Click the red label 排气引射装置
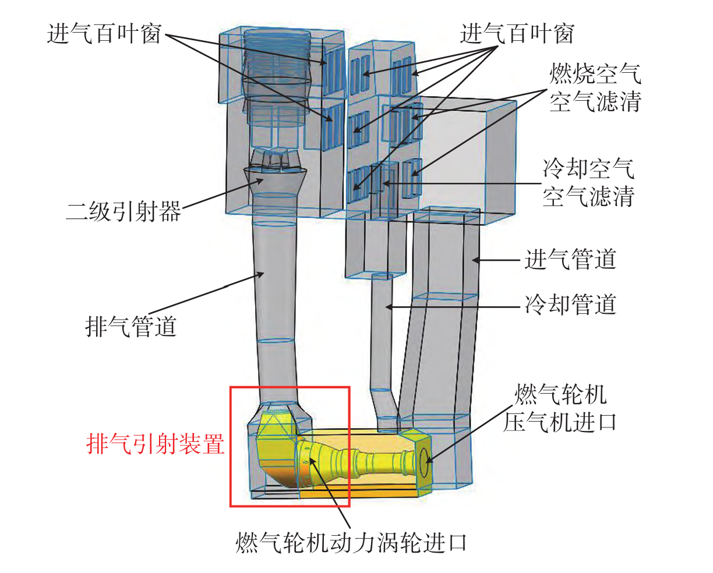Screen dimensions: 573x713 156,445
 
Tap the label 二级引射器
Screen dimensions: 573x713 123,211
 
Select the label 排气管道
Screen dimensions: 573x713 131,326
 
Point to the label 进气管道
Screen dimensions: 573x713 570,259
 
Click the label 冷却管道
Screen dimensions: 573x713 570,305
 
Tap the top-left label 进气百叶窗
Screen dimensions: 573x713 104,34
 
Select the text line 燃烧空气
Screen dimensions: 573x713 595,74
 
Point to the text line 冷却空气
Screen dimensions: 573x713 588,169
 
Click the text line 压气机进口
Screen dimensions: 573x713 560,422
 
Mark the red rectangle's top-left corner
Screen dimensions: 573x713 231,387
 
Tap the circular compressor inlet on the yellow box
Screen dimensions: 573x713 425,463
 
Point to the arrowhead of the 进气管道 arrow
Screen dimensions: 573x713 474,260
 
